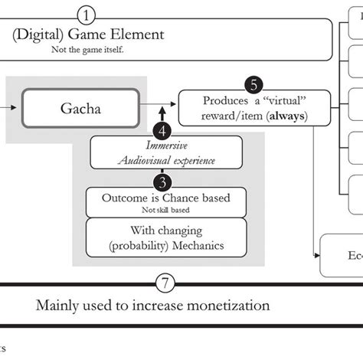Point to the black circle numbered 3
pos(162,181)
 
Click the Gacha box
pos(81,110)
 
